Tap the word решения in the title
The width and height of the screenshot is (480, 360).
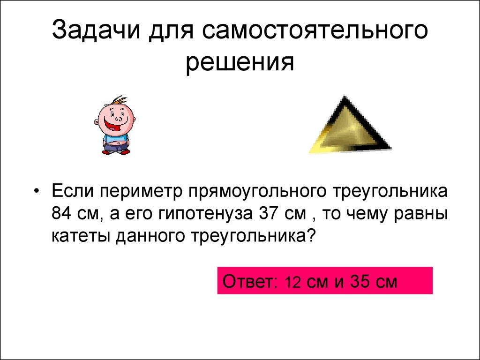[240, 64]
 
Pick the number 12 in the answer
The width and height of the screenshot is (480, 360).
[292, 282]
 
